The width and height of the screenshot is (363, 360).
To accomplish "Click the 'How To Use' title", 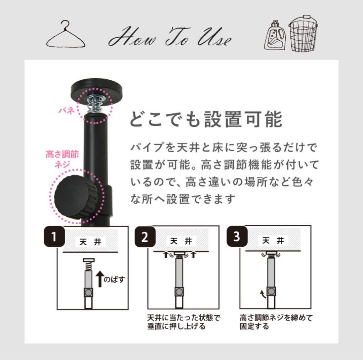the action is [170, 37].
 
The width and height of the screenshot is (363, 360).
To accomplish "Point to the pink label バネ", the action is [67, 110].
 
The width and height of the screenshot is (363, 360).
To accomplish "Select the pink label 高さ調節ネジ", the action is [63, 159].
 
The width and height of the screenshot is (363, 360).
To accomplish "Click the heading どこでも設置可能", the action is [206, 119].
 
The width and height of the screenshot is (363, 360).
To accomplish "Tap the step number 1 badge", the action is [54, 237].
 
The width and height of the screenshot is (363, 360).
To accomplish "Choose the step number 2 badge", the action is [145, 237].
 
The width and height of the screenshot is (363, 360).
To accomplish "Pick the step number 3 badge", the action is [237, 236].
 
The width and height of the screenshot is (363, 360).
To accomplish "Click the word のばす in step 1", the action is [114, 279].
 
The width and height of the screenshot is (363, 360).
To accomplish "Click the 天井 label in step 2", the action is [181, 241].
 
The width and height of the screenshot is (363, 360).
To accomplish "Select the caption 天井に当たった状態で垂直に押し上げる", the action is [184, 322].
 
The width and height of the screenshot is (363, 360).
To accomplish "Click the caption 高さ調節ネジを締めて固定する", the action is [276, 322].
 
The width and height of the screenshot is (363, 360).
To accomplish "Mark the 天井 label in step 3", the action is [273, 241].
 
